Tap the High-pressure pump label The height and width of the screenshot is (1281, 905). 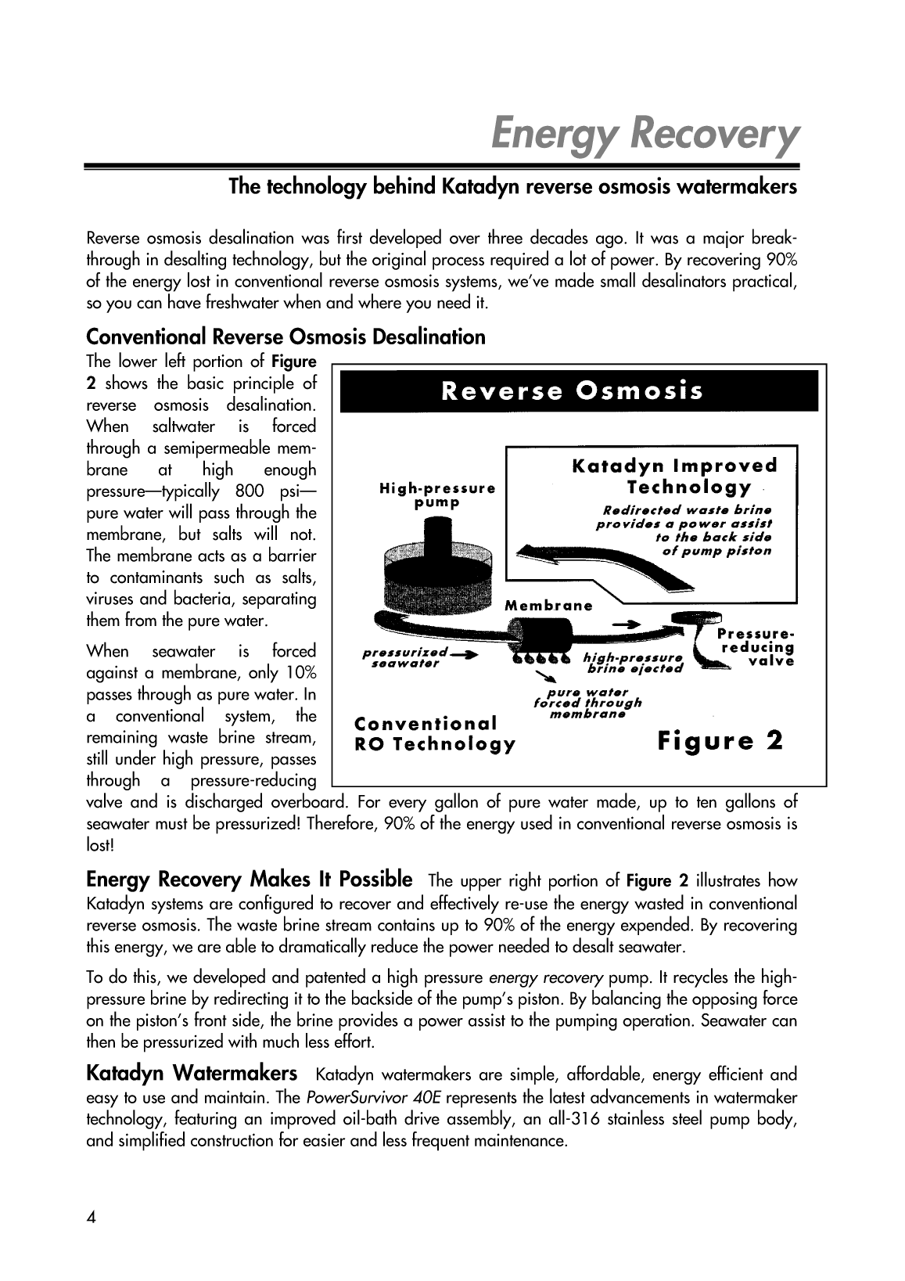point(437,495)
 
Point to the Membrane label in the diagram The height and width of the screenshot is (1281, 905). point(548,606)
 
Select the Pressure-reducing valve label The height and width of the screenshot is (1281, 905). point(755,647)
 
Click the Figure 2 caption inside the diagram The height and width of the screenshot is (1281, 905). point(720,740)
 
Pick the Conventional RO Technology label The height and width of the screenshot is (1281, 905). point(435,733)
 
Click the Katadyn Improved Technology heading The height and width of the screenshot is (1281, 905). point(675,477)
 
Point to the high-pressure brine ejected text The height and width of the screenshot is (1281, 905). point(634,662)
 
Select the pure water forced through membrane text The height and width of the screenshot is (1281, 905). point(587,703)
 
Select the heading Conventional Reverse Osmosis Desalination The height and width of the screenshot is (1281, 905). point(286,337)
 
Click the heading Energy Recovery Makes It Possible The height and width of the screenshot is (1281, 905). point(250,879)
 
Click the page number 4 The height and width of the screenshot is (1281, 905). point(92,1218)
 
